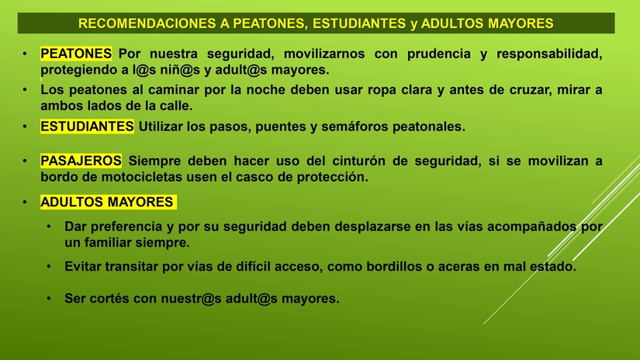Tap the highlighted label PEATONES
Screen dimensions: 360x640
tap(76, 54)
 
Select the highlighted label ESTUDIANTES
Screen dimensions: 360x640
tap(87, 126)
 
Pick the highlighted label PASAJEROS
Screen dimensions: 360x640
tap(81, 161)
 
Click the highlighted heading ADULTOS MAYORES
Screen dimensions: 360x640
tap(107, 202)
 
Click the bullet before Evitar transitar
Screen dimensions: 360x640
tap(49, 266)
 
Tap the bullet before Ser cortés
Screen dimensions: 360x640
tap(49, 299)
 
